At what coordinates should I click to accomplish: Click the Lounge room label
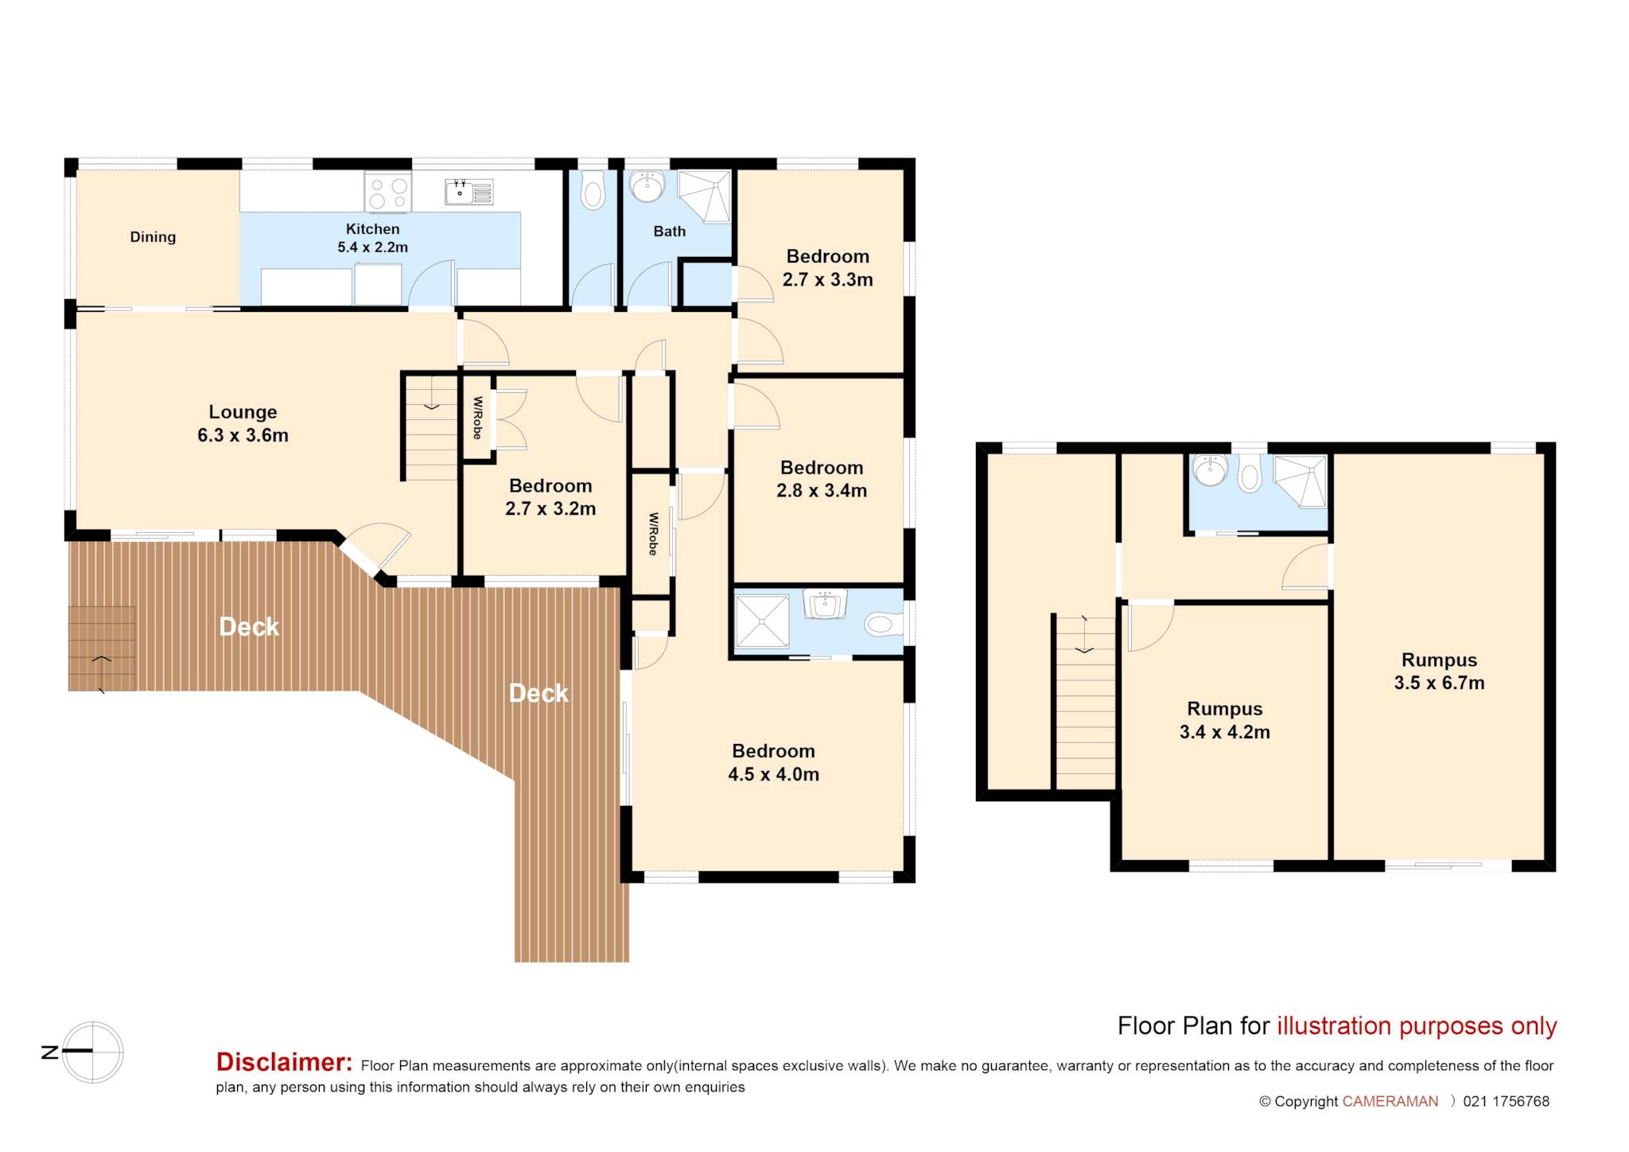point(243,412)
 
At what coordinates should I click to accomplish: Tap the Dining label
point(153,237)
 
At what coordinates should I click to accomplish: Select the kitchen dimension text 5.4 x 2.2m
point(372,247)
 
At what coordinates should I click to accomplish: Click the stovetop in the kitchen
point(388,192)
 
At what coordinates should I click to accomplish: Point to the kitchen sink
point(469,192)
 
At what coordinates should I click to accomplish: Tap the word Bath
point(670,232)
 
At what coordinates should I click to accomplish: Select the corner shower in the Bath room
point(704,196)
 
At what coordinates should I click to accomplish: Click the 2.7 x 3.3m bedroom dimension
point(827,280)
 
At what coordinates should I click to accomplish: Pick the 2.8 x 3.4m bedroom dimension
point(822,491)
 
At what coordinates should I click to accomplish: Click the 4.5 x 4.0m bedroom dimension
point(773,774)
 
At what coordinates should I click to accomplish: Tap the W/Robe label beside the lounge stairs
point(477,418)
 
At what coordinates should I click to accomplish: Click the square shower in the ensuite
point(762,621)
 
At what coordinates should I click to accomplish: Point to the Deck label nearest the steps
point(249,627)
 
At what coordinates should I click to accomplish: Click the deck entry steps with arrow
point(102,648)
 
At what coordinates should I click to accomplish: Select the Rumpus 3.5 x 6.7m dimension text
point(1439,683)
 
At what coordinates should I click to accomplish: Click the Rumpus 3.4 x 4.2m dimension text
point(1224,732)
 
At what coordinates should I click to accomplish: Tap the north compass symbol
point(93,1052)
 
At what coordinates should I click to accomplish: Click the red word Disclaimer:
point(284,1062)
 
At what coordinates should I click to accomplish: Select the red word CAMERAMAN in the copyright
point(1390,1102)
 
